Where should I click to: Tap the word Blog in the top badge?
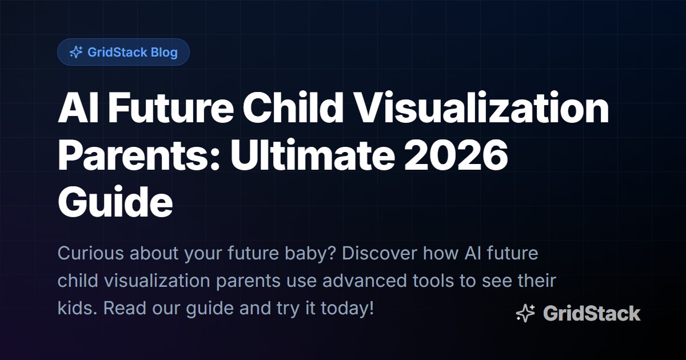(164, 53)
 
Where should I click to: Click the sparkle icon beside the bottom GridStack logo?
(525, 314)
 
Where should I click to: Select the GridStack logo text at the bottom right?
(592, 314)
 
